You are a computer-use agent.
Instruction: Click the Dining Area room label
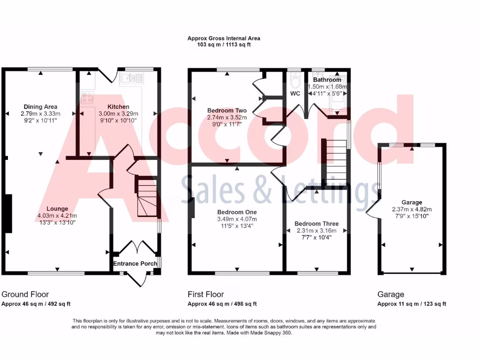click(x=40, y=107)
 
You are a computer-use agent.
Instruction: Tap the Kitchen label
click(x=118, y=107)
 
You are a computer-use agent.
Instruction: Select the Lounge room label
click(x=57, y=209)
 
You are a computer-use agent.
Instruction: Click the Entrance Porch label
click(x=135, y=263)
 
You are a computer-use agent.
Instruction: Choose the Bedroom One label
click(x=237, y=212)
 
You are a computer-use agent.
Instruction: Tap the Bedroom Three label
click(x=316, y=224)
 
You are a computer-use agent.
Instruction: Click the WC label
click(x=295, y=94)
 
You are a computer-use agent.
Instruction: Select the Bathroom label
click(x=327, y=80)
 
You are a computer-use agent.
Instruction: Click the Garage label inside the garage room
click(x=411, y=202)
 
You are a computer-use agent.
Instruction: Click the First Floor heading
click(x=206, y=294)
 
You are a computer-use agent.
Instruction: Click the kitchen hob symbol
click(x=87, y=98)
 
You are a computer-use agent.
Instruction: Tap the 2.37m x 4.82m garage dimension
click(x=411, y=210)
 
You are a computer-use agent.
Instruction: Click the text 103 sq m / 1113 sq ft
click(x=224, y=45)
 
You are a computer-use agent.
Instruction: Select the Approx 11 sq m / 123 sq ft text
click(x=412, y=304)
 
